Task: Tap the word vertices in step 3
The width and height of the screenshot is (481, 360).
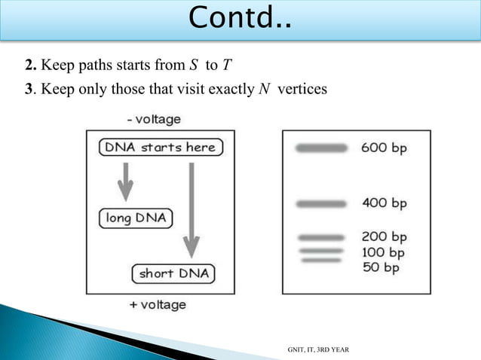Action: point(302,90)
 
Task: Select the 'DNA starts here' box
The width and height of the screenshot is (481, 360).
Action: point(159,148)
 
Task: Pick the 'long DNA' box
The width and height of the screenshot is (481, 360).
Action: point(136,218)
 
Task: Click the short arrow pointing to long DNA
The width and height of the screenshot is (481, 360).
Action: point(126,182)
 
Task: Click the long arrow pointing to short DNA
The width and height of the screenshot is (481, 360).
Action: point(192,208)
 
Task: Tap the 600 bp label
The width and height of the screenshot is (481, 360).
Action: point(384,148)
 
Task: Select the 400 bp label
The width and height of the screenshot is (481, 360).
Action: point(384,203)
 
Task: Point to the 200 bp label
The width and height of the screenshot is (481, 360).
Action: point(384,237)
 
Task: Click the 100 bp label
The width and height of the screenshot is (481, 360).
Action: point(384,252)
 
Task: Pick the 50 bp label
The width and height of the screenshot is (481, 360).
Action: point(381,267)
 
